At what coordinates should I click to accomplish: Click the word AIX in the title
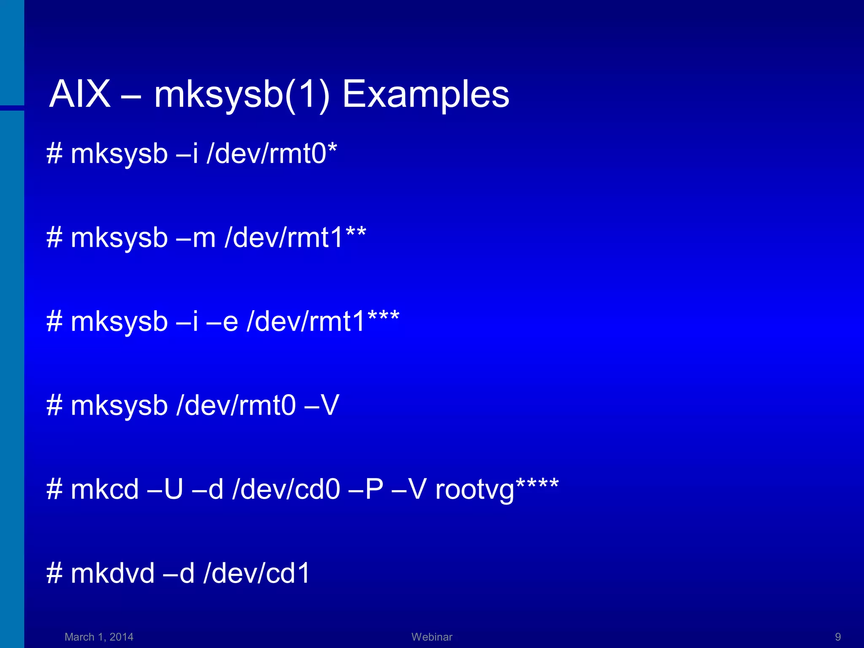point(80,94)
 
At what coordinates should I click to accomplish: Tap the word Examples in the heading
point(425,95)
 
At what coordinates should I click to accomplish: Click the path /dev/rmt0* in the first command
point(272,153)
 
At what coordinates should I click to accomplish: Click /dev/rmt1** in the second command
point(295,238)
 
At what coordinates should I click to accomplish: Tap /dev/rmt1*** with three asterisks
point(323,321)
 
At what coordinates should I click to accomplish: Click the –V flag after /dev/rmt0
point(321,405)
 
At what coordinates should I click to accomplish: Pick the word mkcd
point(105,489)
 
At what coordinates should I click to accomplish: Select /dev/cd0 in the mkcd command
point(286,489)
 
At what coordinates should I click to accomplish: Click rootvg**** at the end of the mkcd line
point(497,489)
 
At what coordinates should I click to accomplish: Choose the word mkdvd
point(113,573)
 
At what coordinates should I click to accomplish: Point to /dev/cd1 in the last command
point(257,573)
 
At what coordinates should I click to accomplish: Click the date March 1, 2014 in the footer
point(99,637)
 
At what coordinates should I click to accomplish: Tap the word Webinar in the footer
point(432,637)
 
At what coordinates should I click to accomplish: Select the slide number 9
point(838,637)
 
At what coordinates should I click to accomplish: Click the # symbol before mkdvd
point(54,573)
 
